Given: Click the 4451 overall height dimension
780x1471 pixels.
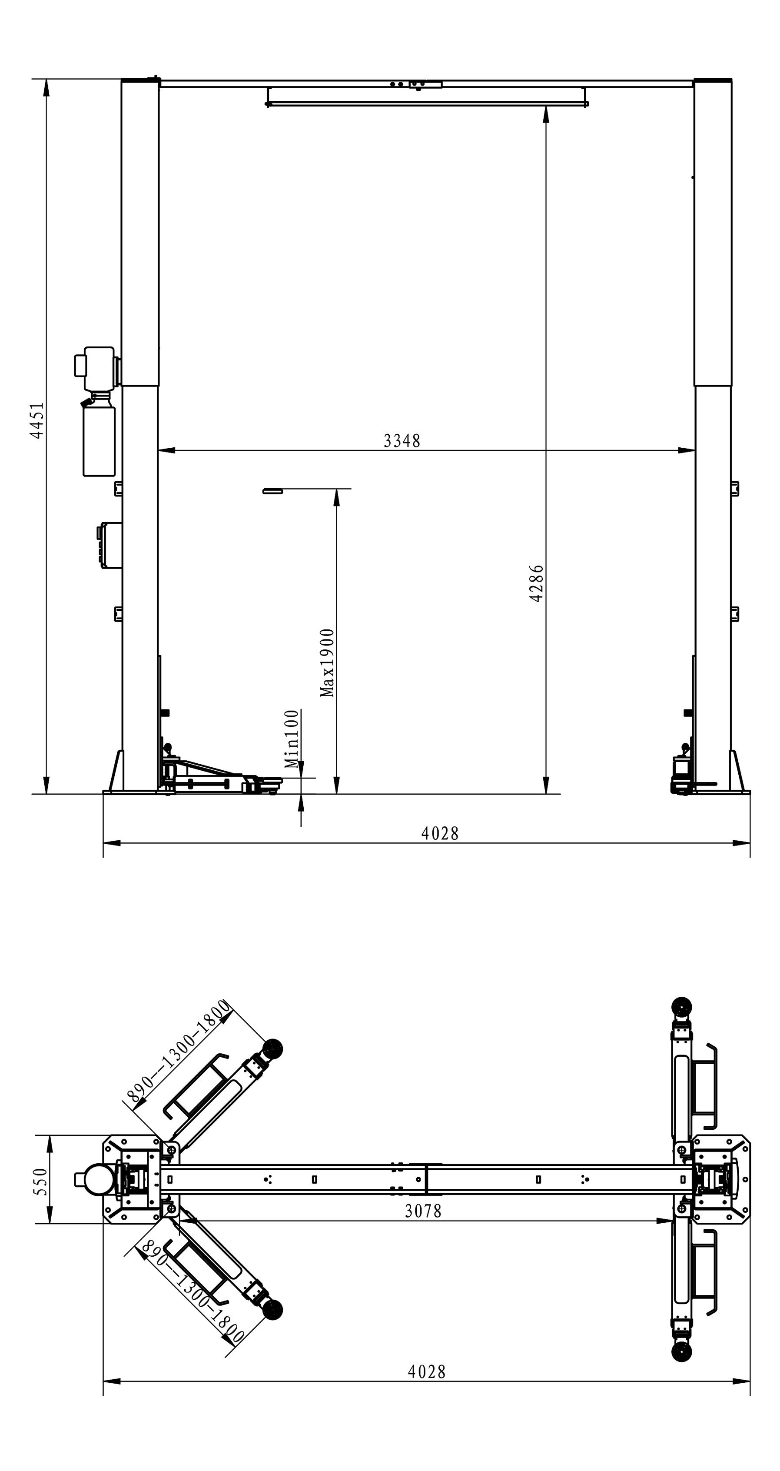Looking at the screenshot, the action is pos(37,420).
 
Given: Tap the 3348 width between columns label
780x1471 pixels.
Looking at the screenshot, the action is pos(402,441).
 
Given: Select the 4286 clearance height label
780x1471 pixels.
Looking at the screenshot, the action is pos(536,584).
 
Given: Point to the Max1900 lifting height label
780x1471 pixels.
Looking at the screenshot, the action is pos(327,663).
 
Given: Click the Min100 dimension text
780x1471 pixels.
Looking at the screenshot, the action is pos(291,739).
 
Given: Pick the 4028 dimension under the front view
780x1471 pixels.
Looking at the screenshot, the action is pos(440,834).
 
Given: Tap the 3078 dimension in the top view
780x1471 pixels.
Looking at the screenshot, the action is pos(423,1211).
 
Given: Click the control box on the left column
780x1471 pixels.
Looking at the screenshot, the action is pos(109,545).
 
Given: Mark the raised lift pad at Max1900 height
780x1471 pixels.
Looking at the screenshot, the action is pos(273,490).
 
